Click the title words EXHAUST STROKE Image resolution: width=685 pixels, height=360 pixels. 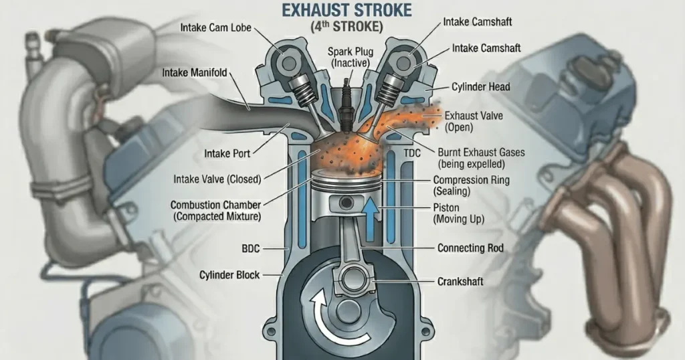click(343, 11)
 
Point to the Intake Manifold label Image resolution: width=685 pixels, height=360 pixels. click(195, 72)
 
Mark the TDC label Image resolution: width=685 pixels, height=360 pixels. click(413, 153)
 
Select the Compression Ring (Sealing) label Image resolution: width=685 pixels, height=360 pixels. click(471, 185)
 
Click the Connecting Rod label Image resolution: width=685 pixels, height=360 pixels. click(470, 248)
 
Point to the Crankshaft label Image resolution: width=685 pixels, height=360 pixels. click(460, 282)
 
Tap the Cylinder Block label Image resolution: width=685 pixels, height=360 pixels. click(229, 275)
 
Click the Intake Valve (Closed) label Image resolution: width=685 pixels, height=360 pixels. click(217, 179)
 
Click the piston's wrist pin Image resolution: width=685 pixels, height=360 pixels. click(346, 203)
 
